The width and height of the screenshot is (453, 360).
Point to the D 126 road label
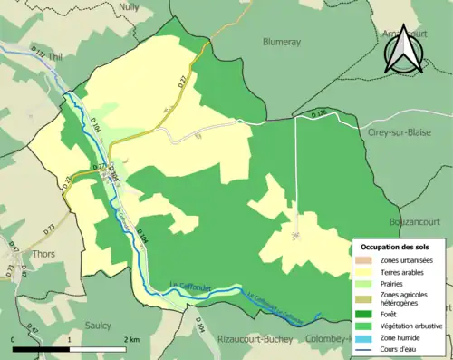coord(317,114)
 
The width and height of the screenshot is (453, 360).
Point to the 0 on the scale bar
coord(14,339)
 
